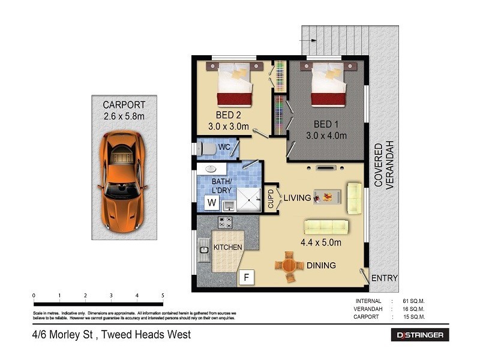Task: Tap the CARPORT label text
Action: [124, 105]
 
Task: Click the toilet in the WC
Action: [208, 148]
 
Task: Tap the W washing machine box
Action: [212, 203]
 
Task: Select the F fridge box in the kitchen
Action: [245, 277]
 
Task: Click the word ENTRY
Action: [385, 278]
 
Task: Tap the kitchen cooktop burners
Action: [226, 223]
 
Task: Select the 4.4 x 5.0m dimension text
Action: [321, 242]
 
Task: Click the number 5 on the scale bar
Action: [163, 296]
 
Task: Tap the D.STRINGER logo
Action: [420, 335]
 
